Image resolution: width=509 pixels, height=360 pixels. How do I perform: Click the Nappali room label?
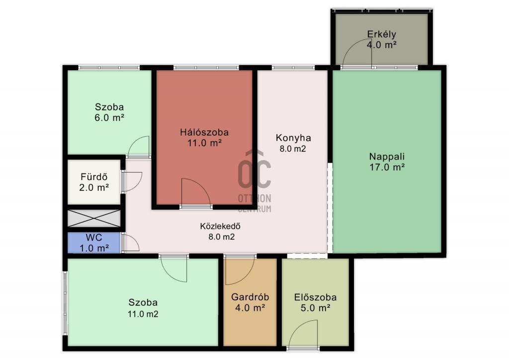387,157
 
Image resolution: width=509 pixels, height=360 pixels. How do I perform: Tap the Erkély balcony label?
381,34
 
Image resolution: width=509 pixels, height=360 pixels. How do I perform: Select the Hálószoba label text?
204,132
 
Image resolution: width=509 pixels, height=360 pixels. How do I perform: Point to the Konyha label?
293,138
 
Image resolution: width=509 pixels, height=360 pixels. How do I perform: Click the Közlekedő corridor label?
220,226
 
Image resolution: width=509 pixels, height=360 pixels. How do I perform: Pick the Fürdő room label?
94,177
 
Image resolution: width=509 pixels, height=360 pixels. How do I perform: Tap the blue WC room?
94,243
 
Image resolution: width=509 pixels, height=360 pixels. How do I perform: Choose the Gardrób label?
250,297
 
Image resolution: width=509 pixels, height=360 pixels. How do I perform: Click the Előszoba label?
315,297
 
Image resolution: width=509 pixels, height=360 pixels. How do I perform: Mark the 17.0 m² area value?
387,167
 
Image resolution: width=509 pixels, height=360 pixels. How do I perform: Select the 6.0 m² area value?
109,117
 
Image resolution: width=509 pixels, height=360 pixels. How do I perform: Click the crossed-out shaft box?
94,218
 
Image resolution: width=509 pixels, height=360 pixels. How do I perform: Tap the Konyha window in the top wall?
293,68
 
